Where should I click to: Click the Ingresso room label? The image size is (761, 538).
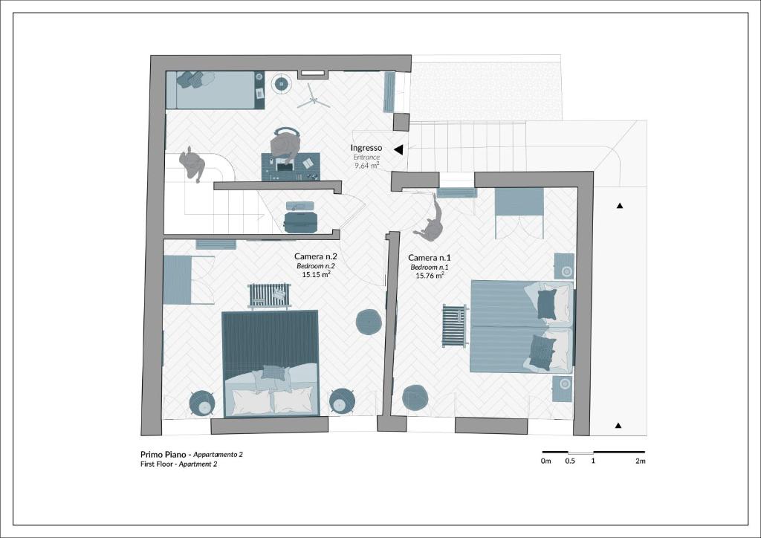(366, 148)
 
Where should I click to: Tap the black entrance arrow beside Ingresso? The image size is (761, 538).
(399, 150)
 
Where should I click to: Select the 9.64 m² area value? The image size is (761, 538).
(366, 166)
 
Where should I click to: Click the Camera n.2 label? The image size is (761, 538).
(315, 256)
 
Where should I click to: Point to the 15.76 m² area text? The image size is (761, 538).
(430, 276)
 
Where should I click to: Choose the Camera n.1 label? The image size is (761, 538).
(429, 258)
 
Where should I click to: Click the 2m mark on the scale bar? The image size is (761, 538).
(640, 461)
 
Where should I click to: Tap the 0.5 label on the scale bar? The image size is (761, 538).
(570, 461)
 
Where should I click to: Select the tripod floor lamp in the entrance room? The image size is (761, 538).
(313, 97)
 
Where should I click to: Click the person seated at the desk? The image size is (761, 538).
(285, 144)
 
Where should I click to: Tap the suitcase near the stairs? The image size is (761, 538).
(300, 221)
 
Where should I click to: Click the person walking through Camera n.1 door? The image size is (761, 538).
(430, 221)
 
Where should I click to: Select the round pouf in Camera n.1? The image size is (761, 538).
(415, 398)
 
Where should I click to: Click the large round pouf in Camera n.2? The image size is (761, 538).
(369, 322)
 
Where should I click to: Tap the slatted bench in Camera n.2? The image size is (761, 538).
(269, 296)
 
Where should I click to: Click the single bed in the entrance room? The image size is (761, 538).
(215, 90)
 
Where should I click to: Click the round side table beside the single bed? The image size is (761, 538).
(281, 84)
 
